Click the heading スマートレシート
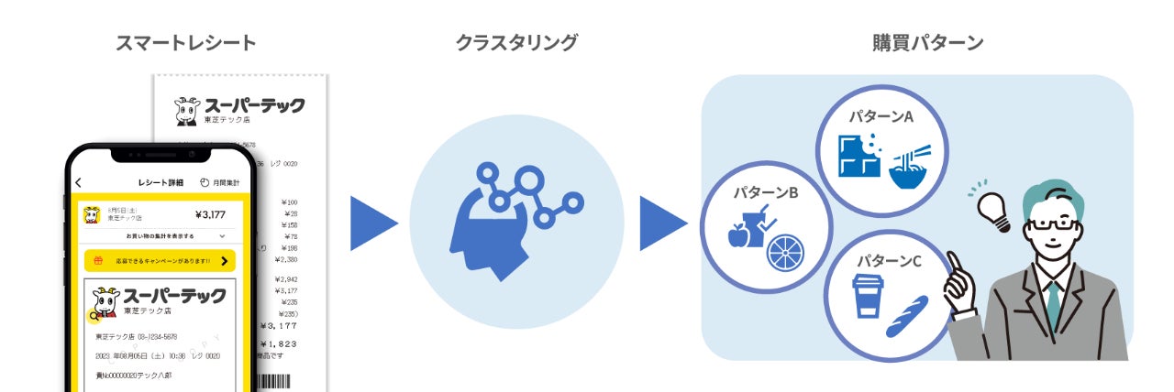(x=185, y=42)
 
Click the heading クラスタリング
(x=516, y=42)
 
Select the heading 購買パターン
(x=927, y=42)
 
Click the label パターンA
(x=880, y=118)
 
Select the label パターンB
(x=765, y=193)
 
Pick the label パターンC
(x=889, y=261)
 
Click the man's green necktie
(x=1053, y=301)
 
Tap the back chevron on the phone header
(x=79, y=183)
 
